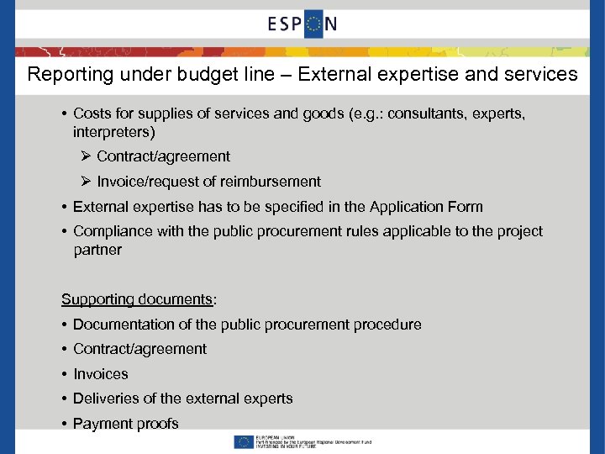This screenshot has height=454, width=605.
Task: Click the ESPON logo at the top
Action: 302,24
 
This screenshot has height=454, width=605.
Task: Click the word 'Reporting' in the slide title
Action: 66,75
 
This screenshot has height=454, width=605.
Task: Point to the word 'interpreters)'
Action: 114,132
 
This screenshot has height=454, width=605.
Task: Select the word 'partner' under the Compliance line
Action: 97,250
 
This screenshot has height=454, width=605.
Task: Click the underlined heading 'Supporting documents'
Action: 137,299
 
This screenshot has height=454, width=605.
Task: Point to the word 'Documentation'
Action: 122,325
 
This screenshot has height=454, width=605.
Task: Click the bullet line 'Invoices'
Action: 101,374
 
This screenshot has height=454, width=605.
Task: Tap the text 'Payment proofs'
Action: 126,424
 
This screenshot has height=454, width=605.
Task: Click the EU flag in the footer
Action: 245,441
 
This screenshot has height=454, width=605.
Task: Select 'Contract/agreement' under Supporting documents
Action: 139,349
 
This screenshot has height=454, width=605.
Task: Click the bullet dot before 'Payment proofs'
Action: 65,424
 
